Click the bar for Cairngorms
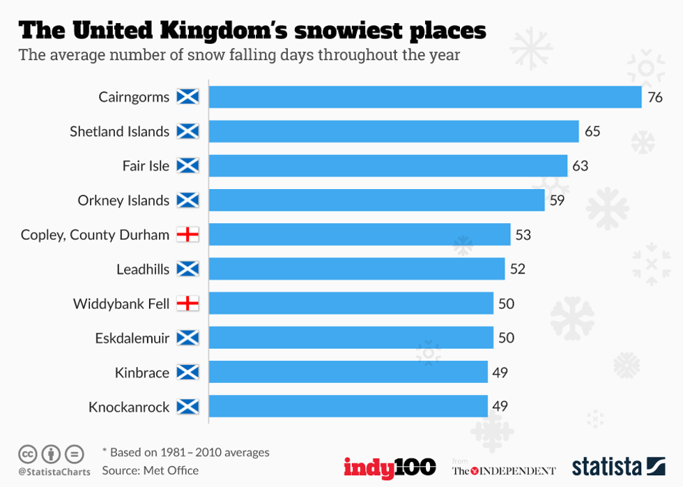coord(425,97)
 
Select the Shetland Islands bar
coord(394,131)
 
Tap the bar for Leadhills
coord(357,269)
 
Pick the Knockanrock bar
coord(348,406)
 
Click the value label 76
coord(655,97)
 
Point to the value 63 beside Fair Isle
coord(581,166)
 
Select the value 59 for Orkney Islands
coord(558,200)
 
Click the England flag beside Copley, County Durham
coord(187,234)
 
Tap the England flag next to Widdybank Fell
coord(187,304)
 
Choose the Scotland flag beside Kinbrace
coord(187,372)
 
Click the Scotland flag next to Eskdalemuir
coord(187,338)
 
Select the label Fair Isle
coord(145,166)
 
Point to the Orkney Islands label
coord(123,200)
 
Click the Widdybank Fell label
coord(121,304)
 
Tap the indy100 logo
coord(390,467)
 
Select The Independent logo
coord(503,470)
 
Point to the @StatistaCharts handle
coord(54,472)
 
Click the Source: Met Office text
coord(150,470)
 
